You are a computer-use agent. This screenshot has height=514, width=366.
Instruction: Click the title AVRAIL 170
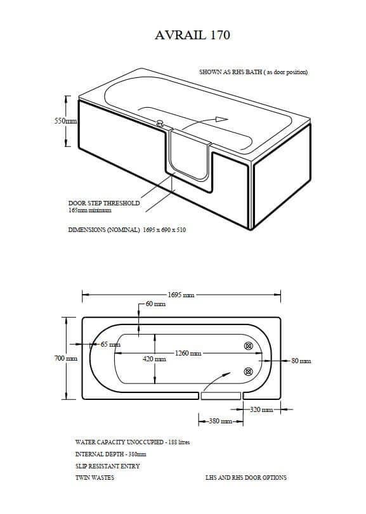tap(192, 35)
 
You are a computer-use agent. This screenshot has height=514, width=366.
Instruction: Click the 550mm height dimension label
tap(65, 121)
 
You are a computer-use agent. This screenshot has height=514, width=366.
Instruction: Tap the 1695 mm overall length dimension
tap(181, 295)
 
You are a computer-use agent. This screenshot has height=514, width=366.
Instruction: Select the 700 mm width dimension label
tap(66, 358)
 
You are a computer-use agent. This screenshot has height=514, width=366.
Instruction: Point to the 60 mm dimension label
tap(155, 304)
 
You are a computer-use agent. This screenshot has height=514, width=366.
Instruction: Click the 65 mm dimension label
tap(110, 345)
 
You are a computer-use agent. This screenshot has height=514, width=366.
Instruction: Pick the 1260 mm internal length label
tap(188, 353)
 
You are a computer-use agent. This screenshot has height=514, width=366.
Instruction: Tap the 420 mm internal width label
tap(154, 359)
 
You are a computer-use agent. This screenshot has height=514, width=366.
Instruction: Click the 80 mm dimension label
tap(301, 361)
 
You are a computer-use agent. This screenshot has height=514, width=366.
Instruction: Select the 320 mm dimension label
tap(261, 409)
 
